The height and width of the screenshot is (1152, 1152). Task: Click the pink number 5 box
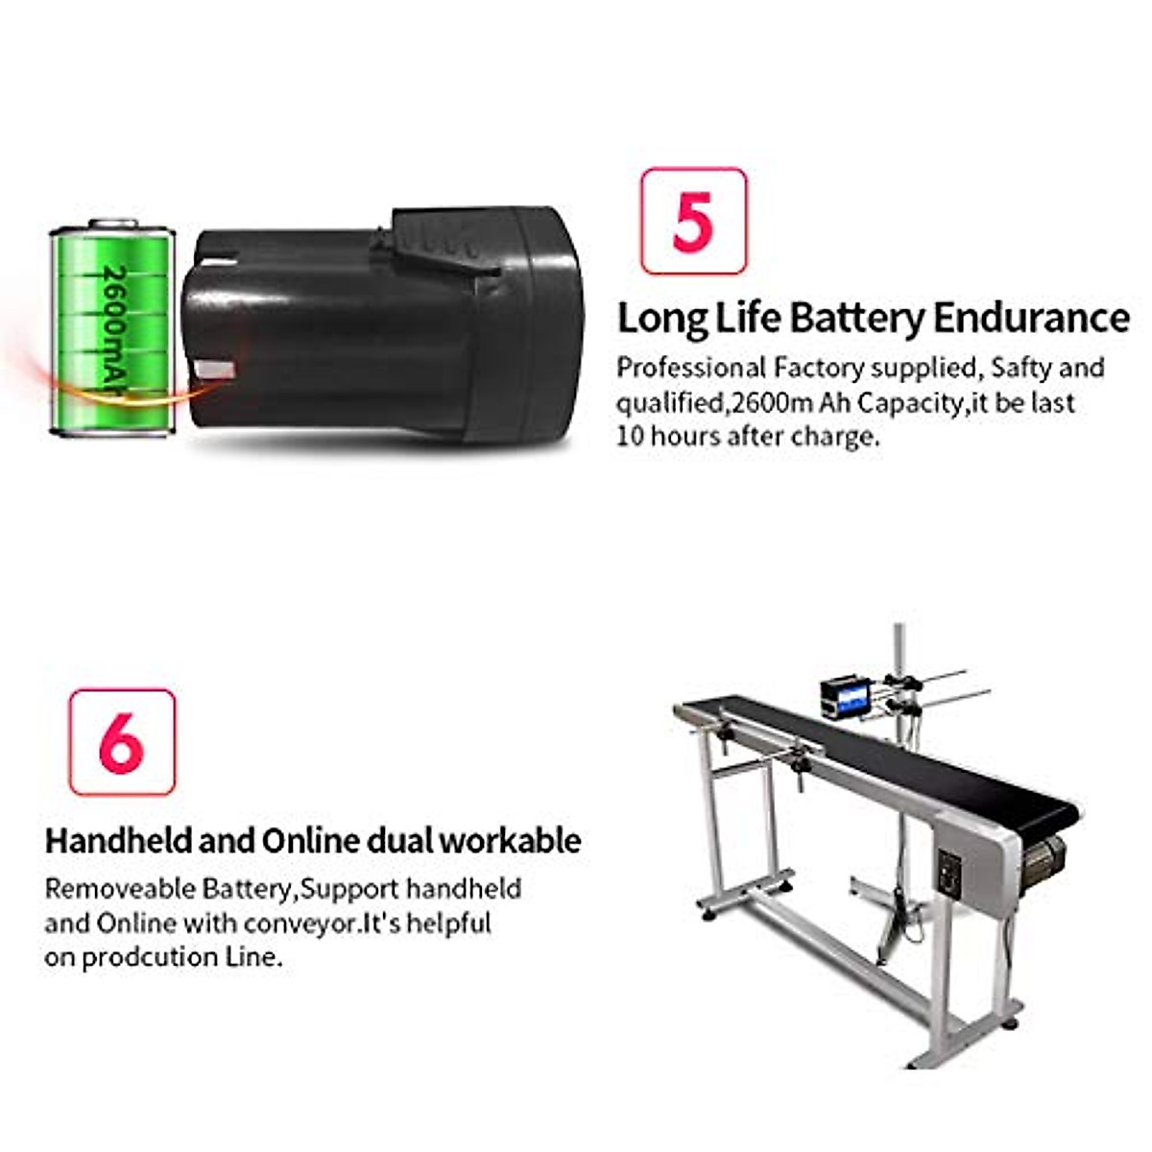[693, 222]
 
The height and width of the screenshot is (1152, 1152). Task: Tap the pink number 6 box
[122, 742]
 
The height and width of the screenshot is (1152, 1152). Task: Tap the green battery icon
[112, 329]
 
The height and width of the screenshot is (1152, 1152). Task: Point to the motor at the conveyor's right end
[1044, 859]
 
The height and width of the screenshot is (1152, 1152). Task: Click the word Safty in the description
[1021, 368]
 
